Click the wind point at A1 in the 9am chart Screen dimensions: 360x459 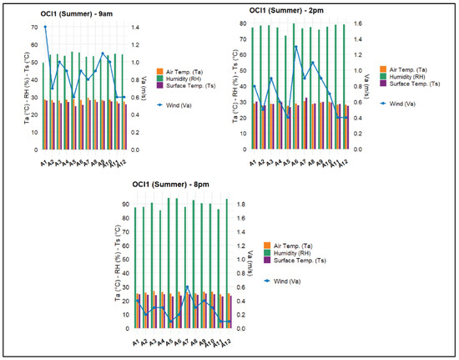tap(45, 28)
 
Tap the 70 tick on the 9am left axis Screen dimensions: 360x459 tap(34, 28)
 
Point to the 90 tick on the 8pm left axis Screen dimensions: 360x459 tap(124, 205)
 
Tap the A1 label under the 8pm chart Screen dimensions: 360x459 tap(135, 342)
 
